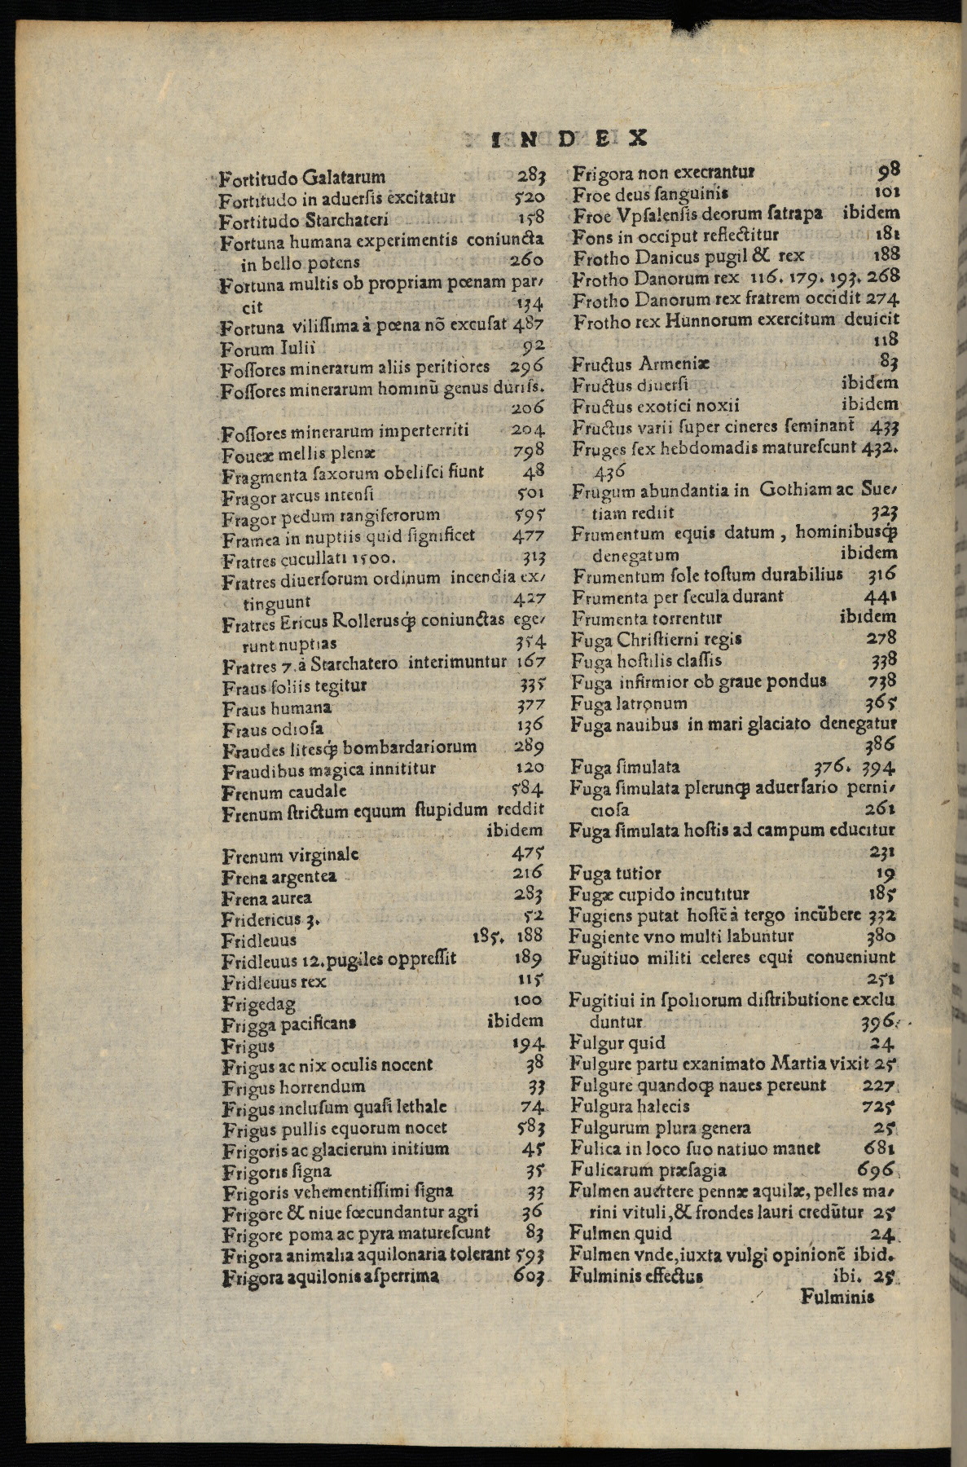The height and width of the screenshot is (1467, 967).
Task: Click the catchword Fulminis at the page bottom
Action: pos(837,1295)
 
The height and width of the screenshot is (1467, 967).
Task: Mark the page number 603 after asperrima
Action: pos(530,1276)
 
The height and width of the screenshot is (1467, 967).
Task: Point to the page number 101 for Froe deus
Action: pos(885,194)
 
